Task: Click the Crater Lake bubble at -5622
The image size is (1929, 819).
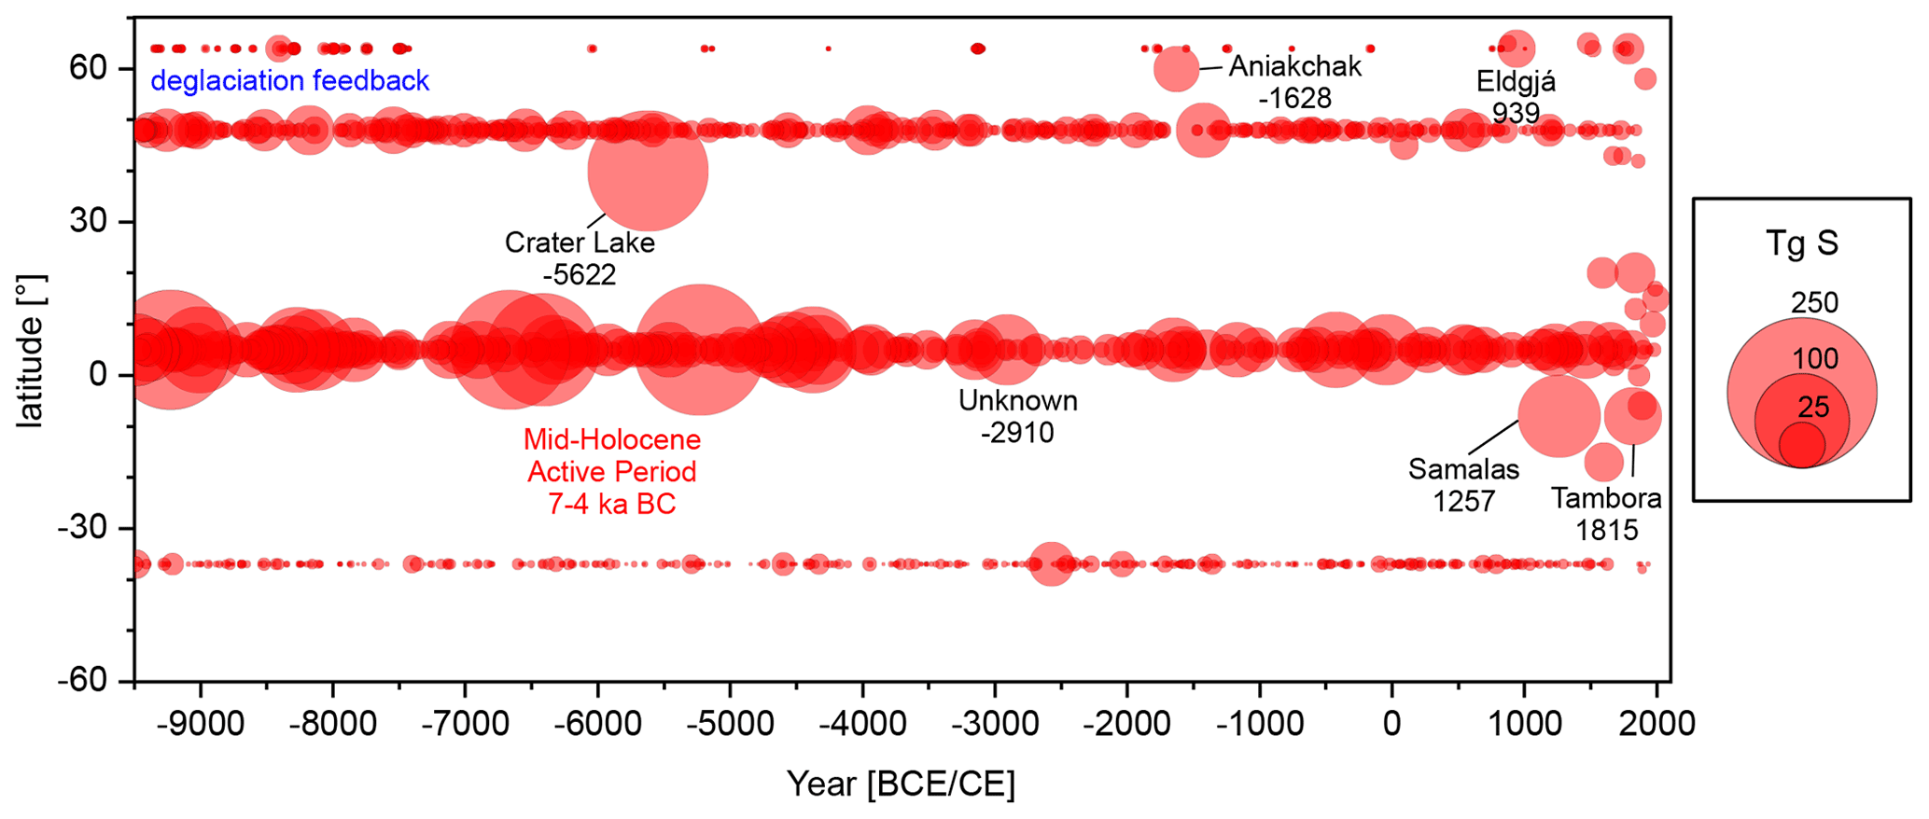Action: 648,171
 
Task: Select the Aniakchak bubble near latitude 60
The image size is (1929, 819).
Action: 1176,70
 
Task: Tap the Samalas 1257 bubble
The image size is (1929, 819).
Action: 1559,416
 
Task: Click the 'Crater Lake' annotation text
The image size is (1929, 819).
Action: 580,243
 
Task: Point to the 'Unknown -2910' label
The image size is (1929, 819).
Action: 1017,416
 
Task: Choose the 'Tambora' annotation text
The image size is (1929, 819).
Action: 1606,498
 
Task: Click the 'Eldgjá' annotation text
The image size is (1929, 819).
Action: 1516,82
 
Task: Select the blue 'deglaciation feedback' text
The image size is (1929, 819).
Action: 289,81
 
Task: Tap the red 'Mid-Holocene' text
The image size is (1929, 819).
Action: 611,439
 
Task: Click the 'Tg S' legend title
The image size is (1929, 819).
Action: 1801,243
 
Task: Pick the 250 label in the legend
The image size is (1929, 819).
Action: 1814,303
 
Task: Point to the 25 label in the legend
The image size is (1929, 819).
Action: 1813,407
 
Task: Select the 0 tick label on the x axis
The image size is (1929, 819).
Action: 1391,724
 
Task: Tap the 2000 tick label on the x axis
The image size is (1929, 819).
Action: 1656,724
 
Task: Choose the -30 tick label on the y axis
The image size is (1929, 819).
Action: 82,529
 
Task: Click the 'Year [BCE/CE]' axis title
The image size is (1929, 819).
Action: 901,784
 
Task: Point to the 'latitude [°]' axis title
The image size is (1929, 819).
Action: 30,351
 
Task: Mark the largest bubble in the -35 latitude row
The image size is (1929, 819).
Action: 1051,563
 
